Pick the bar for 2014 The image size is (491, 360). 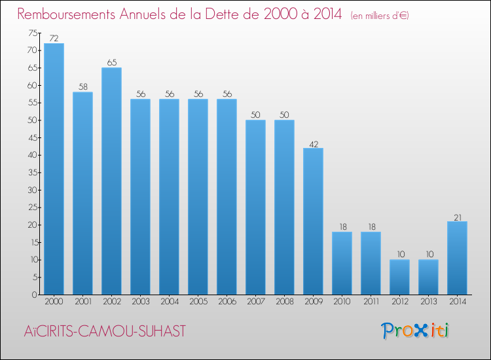coord(457,258)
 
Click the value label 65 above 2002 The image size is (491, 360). coord(111,63)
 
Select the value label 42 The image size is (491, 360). coord(313,143)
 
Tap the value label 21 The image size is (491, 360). coord(457,217)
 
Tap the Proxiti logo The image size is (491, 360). coord(415,331)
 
